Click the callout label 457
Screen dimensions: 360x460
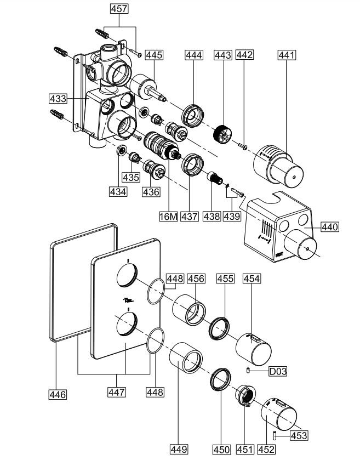[119, 9]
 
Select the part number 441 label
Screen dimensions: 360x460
[287, 55]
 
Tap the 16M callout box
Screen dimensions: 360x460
[169, 217]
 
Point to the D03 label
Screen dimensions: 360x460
[278, 371]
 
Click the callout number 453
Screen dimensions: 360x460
[299, 435]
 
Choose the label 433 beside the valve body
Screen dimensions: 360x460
[58, 98]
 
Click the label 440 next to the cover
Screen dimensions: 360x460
[330, 227]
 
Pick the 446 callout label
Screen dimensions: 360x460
[58, 394]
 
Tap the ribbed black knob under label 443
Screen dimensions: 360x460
[222, 134]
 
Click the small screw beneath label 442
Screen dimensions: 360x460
[243, 145]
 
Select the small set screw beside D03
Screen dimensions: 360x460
[248, 371]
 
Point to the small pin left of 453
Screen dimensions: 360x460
[275, 435]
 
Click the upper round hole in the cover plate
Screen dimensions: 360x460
[127, 275]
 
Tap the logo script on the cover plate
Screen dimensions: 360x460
[128, 300]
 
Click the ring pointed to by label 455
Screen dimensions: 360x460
[219, 328]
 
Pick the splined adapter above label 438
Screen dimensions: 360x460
[215, 178]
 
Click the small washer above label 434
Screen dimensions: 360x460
[121, 150]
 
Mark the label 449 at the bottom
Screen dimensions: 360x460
[179, 449]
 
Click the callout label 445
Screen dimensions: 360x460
[154, 55]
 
